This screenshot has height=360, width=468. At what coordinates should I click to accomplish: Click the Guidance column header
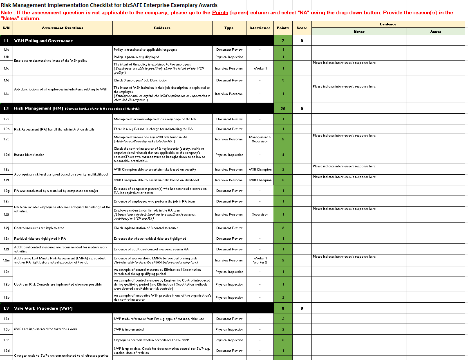162,28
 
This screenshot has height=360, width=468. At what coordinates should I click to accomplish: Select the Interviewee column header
260,28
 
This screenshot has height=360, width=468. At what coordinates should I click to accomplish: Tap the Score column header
302,28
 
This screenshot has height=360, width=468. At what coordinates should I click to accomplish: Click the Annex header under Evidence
435,32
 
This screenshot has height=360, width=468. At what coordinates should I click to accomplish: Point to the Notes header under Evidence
359,32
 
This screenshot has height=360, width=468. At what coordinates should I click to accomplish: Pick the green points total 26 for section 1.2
283,109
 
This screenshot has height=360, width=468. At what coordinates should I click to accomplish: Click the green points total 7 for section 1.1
283,41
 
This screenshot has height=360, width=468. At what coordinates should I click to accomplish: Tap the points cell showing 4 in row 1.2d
283,155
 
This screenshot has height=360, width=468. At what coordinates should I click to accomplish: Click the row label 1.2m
7,260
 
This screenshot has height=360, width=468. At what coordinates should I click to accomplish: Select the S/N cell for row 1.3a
7,319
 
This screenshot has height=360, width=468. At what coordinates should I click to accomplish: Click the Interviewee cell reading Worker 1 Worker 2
260,260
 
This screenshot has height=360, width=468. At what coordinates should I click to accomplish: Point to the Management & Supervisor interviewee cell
260,139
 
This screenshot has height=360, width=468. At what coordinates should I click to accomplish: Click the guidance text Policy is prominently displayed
137,57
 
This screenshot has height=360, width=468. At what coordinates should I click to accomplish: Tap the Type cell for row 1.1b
229,57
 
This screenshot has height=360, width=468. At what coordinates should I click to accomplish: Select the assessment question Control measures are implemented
39,228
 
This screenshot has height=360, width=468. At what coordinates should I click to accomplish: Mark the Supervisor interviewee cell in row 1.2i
260,214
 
